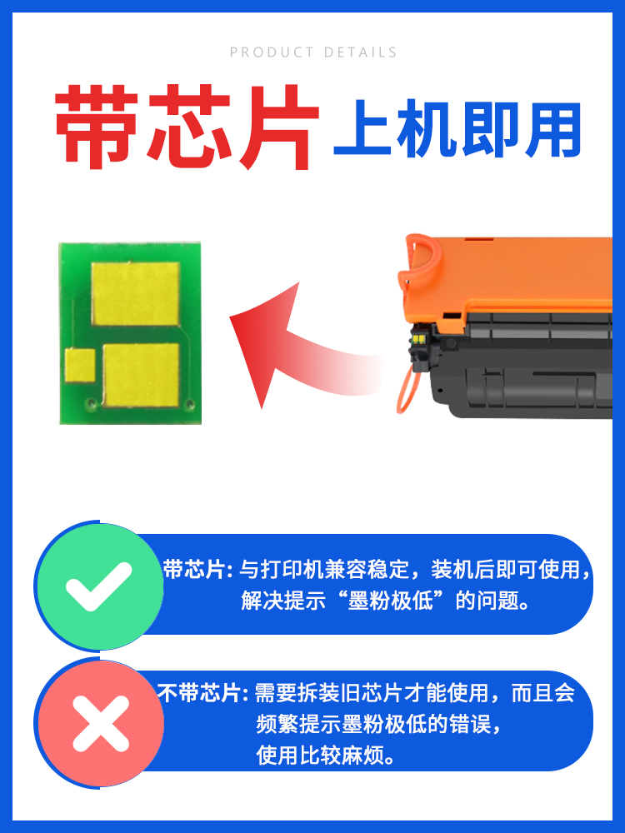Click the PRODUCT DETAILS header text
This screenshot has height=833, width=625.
pos(313,52)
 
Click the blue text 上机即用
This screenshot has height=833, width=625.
pos(457,131)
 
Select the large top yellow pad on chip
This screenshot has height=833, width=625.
pos(135,295)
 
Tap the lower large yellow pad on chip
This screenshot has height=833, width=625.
pos(141,376)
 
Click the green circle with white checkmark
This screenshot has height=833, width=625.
pos(99,586)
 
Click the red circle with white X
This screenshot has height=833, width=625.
pos(99,722)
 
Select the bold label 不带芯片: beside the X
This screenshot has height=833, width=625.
pos(203,693)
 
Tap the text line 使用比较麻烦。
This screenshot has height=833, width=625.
pos(326,756)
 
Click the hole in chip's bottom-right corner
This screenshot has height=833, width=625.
pos(189,406)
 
